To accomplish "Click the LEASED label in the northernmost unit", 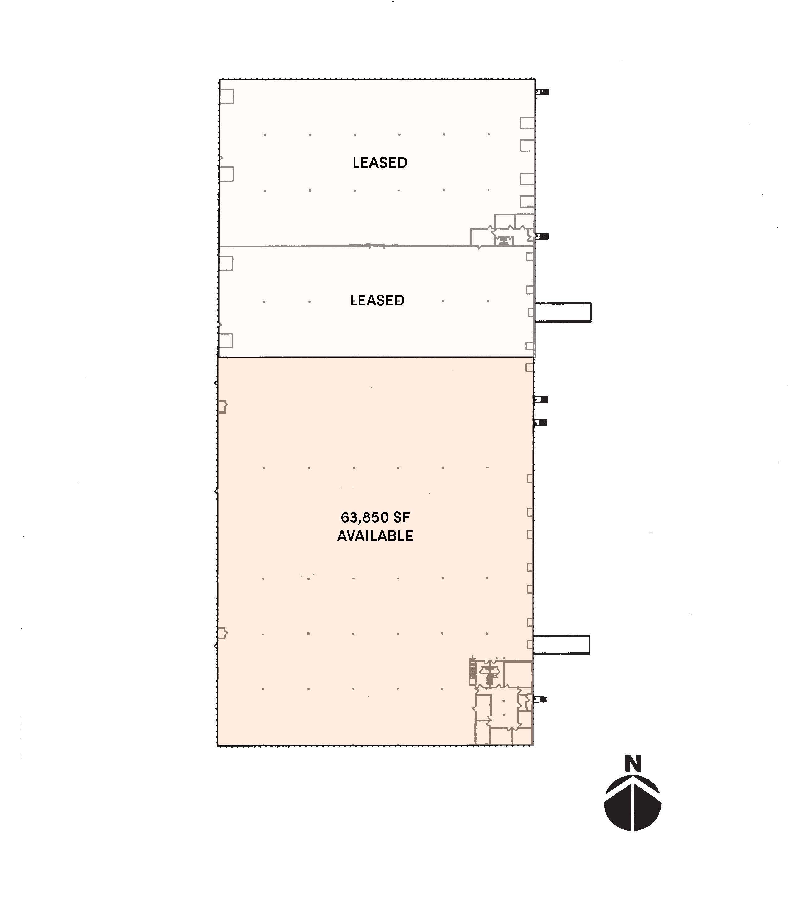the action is pyautogui.click(x=380, y=163).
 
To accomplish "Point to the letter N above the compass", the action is pyautogui.click(x=633, y=764).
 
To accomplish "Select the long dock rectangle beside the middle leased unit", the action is pyautogui.click(x=563, y=313).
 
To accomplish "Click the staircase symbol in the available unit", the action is pyautogui.click(x=472, y=671).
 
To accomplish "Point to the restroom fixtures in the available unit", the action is pyautogui.click(x=489, y=673).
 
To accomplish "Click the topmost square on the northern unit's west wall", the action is pyautogui.click(x=227, y=96).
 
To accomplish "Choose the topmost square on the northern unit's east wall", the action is pyautogui.click(x=528, y=123).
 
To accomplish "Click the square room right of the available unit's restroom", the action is pyautogui.click(x=518, y=673).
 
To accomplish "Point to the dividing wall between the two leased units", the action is pyautogui.click(x=377, y=246).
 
